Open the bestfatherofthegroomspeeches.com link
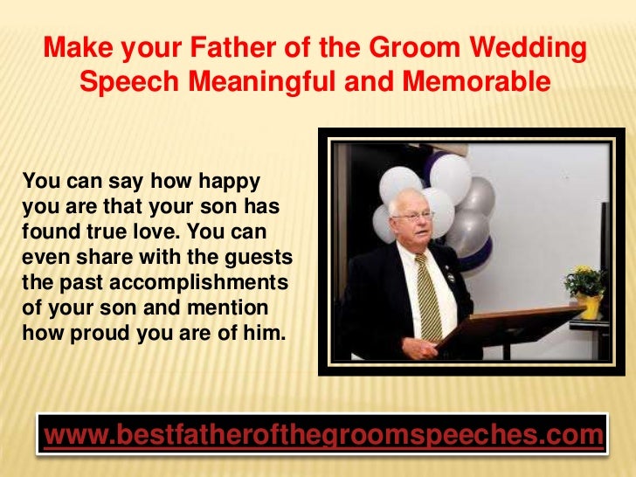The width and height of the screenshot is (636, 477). [x=323, y=434]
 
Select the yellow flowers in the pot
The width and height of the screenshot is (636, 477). [x=584, y=281]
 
